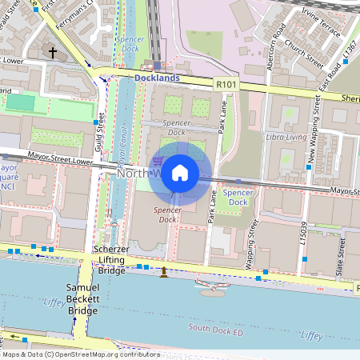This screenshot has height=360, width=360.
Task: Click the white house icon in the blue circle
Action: pyautogui.click(x=180, y=173)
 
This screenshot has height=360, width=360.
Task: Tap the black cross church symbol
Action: pyautogui.click(x=53, y=54)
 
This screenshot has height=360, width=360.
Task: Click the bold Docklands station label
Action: pyautogui.click(x=157, y=78)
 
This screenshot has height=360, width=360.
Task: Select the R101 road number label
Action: pyautogui.click(x=227, y=82)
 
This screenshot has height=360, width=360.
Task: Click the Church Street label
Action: pyautogui.click(x=303, y=53)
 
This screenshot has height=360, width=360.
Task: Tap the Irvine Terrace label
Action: pyautogui.click(x=323, y=16)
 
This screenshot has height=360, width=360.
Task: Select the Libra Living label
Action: pyautogui.click(x=287, y=138)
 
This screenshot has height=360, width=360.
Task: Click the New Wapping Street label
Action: pyautogui.click(x=313, y=132)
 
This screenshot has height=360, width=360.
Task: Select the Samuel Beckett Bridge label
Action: pyautogui.click(x=82, y=298)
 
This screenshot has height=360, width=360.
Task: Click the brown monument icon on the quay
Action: pyautogui.click(x=164, y=273)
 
